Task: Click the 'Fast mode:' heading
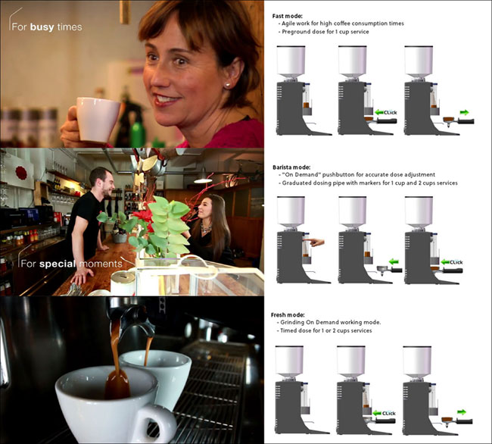pos(287,16)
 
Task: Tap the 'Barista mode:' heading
pos(291,167)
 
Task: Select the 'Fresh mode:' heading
pos(288,315)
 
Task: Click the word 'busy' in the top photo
pos(42,27)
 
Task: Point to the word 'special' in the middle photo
pos(58,264)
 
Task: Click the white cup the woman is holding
pos(98,119)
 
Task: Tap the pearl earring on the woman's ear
pos(226,86)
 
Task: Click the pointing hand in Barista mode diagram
pos(314,242)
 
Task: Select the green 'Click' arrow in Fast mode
pos(379,112)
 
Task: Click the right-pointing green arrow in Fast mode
pos(465,112)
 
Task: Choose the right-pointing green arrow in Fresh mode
pos(462,412)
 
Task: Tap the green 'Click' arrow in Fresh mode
pos(377,413)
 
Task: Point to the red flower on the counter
pos(144,217)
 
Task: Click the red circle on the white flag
pos(21,173)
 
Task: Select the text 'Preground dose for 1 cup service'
pos(325,32)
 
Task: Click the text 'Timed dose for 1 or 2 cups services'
pos(325,330)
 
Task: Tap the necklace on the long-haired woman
pos(206,228)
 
